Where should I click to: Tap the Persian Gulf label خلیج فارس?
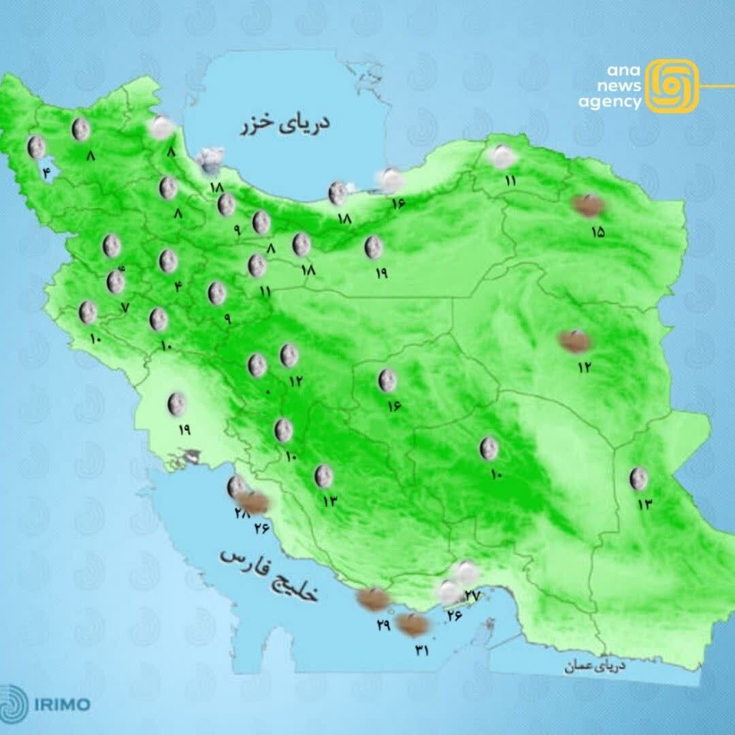tap(269, 576)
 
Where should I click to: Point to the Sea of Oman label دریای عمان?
tap(594, 667)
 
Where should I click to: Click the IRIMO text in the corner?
tap(65, 704)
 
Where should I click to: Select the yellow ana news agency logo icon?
tap(671, 86)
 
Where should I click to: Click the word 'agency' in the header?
tap(610, 102)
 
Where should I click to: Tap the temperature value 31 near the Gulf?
tap(422, 651)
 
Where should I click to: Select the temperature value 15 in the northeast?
tap(598, 232)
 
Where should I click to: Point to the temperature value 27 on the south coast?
tap(472, 595)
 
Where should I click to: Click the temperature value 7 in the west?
tap(125, 307)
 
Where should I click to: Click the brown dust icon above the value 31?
tap(412, 624)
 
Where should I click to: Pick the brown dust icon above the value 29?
tap(374, 599)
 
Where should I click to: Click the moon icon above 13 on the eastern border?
tap(638, 478)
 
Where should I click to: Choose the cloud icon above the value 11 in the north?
tap(502, 157)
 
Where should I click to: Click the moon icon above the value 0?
tap(257, 365)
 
